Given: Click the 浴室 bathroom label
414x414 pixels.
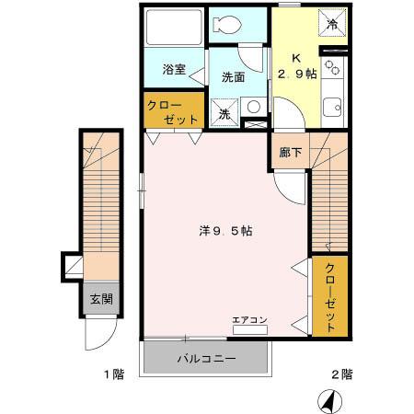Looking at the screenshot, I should (x=175, y=69).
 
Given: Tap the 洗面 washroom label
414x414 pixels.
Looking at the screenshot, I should (x=232, y=78).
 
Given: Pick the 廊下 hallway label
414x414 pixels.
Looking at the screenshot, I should (x=291, y=152).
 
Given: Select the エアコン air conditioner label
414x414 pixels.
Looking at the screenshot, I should (x=249, y=319).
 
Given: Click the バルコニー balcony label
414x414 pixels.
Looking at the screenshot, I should (x=207, y=358).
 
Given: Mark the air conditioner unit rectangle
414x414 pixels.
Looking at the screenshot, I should (x=249, y=328).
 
